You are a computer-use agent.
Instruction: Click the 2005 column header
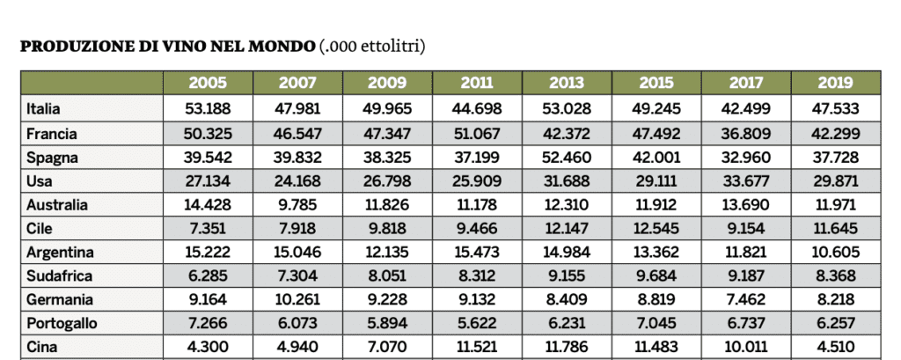[x=208, y=84]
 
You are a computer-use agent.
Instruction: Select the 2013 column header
[x=567, y=84]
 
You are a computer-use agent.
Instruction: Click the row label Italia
[x=43, y=109]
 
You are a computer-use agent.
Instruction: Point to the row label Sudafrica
[x=58, y=276]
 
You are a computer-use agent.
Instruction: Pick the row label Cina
[x=41, y=347]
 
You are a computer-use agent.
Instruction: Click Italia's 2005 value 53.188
[x=208, y=109]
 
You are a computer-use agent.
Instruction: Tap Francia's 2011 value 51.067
[x=477, y=134]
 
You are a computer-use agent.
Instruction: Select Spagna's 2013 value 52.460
[x=567, y=158]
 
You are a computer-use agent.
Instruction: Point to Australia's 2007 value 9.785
[x=297, y=205]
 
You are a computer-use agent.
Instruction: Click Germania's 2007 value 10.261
[x=297, y=299]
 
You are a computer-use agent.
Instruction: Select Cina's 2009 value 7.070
[x=387, y=347]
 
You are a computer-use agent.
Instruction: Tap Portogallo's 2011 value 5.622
[x=477, y=323]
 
